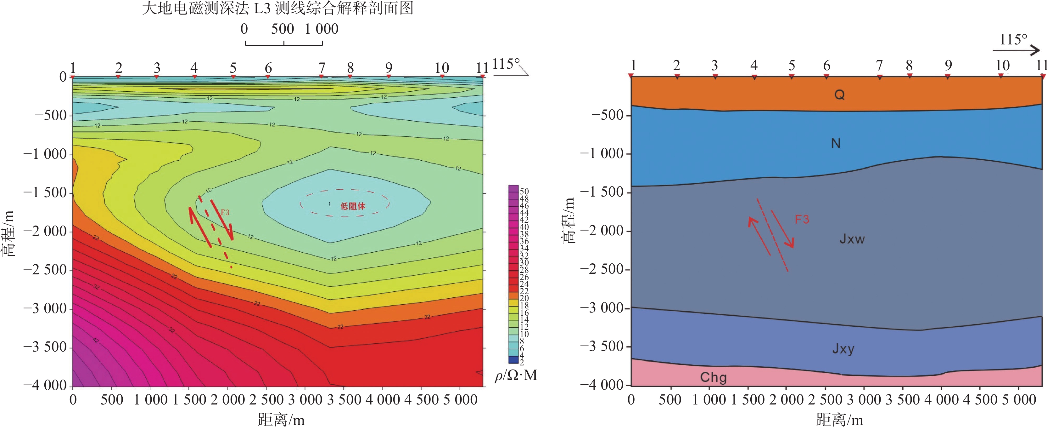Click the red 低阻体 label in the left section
(x=353, y=206)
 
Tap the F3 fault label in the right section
(x=802, y=219)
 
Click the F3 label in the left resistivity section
(x=225, y=212)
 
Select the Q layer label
(x=839, y=95)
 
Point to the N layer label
(x=836, y=143)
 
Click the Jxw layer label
(x=852, y=239)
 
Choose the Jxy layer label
(x=843, y=349)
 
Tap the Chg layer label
(x=713, y=377)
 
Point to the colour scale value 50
(x=524, y=191)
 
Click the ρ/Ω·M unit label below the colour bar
(x=516, y=375)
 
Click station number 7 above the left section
(x=322, y=67)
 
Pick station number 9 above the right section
(x=948, y=65)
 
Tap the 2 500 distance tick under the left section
(x=266, y=399)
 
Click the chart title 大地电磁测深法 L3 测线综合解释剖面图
(x=277, y=8)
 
